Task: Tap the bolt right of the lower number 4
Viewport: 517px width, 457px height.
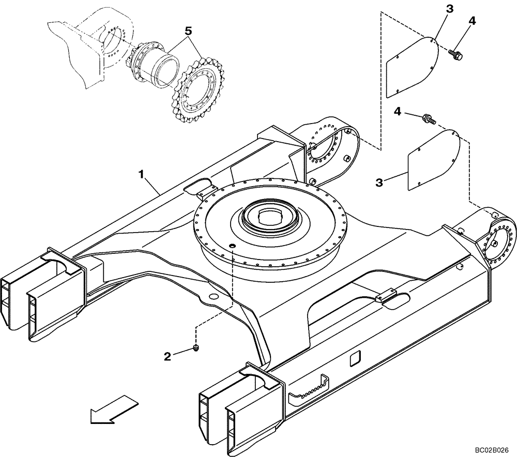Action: [429, 119]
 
